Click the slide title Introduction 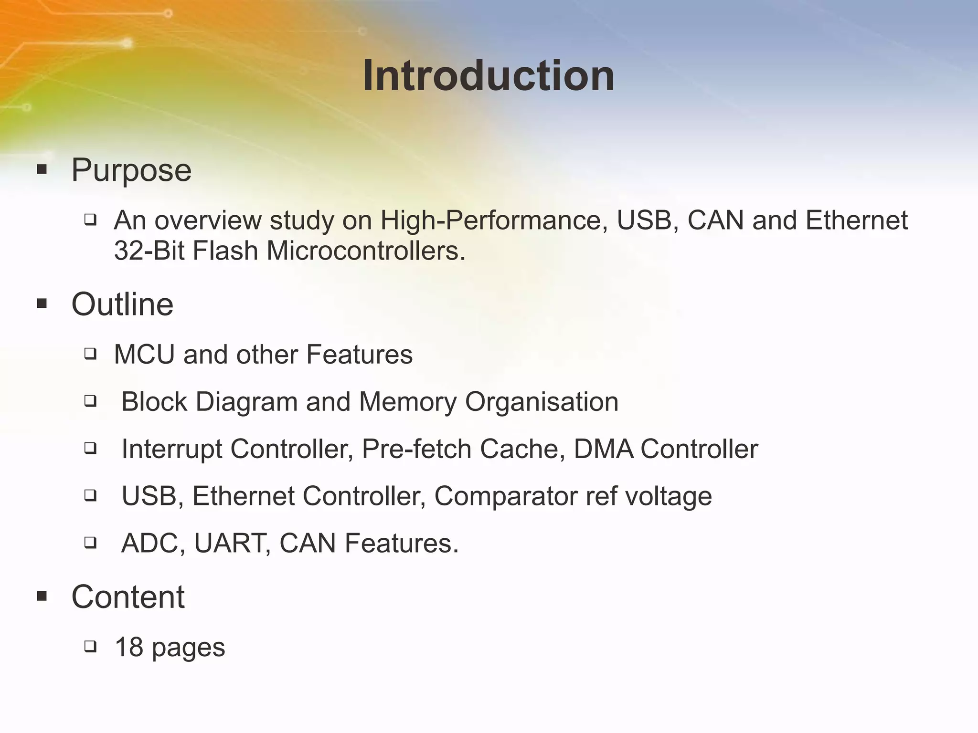click(x=489, y=76)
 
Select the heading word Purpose click(x=131, y=170)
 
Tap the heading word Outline click(x=122, y=304)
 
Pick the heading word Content click(x=128, y=597)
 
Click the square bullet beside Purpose click(x=42, y=169)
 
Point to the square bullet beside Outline click(x=42, y=304)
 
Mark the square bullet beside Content click(x=42, y=596)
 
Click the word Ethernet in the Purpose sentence click(x=856, y=220)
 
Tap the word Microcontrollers click(x=365, y=251)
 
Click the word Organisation click(x=542, y=402)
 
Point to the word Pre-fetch click(x=416, y=449)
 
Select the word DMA click(x=603, y=449)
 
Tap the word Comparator click(x=505, y=496)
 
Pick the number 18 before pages click(x=129, y=648)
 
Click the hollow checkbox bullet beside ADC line click(x=90, y=543)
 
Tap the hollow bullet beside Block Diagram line click(x=90, y=401)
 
